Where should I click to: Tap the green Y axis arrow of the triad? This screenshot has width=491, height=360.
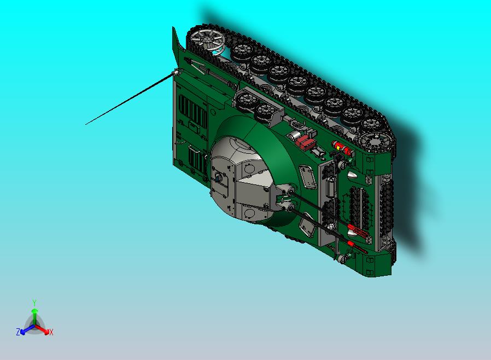pos(34,312)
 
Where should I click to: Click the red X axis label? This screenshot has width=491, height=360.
pos(51,332)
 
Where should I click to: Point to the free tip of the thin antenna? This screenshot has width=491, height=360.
pos(86,124)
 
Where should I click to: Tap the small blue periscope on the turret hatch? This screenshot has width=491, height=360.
pos(218,177)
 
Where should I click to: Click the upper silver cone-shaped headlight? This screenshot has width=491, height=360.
pos(352,175)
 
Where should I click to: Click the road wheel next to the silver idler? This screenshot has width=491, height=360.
pos(241,53)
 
